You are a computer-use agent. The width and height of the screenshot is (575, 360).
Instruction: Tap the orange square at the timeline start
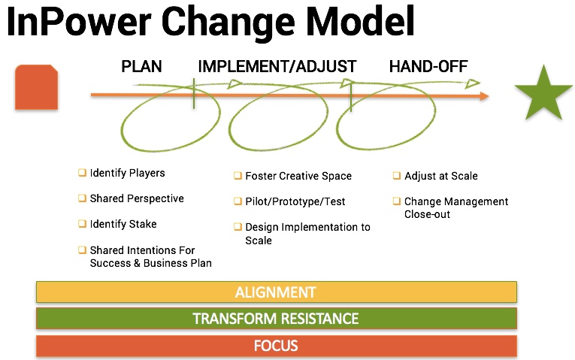(x=36, y=87)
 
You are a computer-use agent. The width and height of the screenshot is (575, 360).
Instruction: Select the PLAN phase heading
(x=141, y=67)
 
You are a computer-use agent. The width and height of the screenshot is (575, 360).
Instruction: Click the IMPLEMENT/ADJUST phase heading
(x=277, y=67)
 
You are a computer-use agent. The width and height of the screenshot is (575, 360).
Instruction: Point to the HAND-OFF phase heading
(x=428, y=67)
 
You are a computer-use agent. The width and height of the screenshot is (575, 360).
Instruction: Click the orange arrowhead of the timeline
(x=484, y=96)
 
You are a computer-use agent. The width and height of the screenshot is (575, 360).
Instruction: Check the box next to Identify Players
(x=82, y=172)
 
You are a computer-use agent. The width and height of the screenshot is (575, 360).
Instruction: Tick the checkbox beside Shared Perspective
(x=82, y=198)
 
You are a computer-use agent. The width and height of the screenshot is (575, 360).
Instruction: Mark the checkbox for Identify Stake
(x=82, y=224)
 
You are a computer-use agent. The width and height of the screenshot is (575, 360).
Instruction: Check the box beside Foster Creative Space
(x=238, y=176)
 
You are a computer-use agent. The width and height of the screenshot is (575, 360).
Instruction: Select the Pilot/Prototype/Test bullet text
(x=295, y=201)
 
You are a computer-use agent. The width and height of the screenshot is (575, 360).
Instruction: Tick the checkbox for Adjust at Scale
(x=396, y=176)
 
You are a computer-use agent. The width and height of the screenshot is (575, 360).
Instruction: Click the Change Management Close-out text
(x=456, y=208)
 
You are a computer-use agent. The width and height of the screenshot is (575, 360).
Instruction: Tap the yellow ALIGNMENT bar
(x=277, y=292)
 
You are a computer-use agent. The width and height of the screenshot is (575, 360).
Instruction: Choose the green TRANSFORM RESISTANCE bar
(x=277, y=318)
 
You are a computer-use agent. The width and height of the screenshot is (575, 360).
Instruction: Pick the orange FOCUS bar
(x=277, y=346)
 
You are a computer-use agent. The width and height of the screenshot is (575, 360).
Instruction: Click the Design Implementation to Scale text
(x=307, y=234)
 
